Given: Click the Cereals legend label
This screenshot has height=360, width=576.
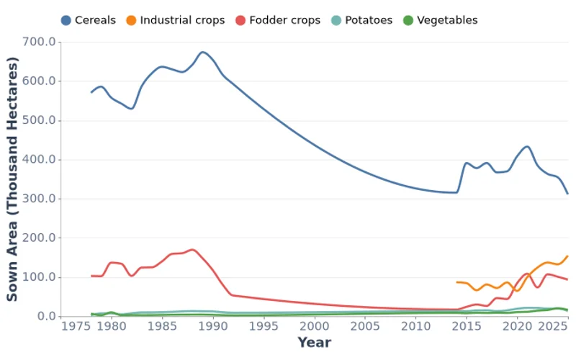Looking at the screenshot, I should pos(95,20).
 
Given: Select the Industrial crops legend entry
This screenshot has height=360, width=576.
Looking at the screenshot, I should pos(182,20).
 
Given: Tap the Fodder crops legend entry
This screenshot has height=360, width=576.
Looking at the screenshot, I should pos(284,20).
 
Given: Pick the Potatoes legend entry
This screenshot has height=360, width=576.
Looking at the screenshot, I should pos(366,20).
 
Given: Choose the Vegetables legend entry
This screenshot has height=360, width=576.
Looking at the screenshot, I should pos(446,20).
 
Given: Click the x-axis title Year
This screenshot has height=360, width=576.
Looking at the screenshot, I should pos(315,343).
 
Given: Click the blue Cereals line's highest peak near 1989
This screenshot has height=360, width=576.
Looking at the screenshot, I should pos(202,52).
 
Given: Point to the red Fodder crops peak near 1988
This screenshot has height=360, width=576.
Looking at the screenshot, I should pos(192,250).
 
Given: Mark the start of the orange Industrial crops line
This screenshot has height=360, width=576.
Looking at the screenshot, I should pos(456,282).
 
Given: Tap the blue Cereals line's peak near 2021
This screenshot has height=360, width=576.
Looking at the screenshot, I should pos(527,146).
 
